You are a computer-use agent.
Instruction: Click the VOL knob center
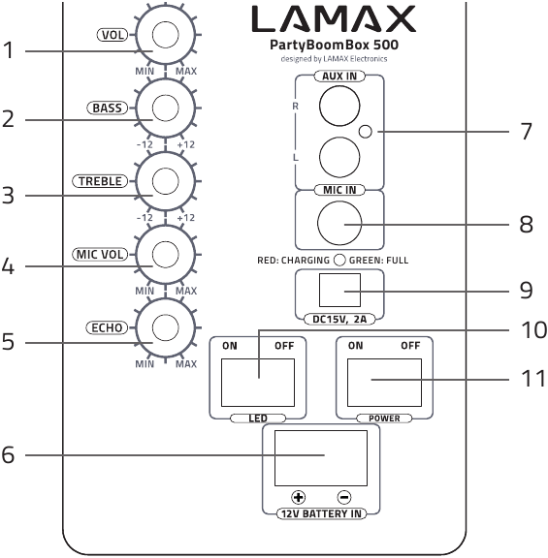[x=164, y=35]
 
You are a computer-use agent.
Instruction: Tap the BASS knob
[x=164, y=108]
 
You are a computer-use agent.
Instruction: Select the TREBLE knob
[x=164, y=181]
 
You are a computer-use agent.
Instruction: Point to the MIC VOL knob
[x=164, y=255]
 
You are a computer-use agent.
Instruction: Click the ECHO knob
[x=164, y=328]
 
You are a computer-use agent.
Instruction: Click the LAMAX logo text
[x=334, y=18]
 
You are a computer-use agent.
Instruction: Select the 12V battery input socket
[x=321, y=458]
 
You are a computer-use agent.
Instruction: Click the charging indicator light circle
[x=338, y=260]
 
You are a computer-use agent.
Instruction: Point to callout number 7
[x=526, y=132]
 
